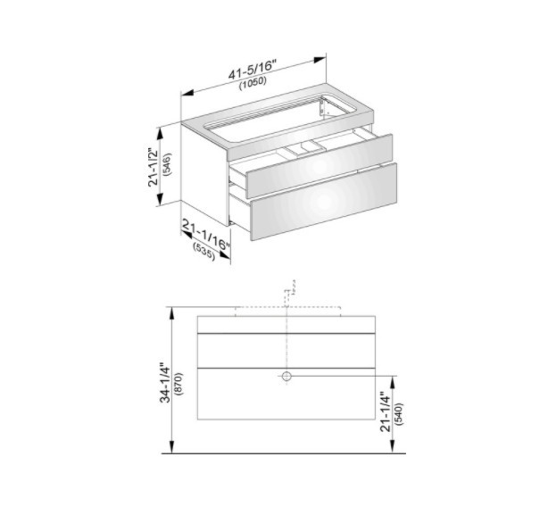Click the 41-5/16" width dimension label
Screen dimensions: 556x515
[252, 71]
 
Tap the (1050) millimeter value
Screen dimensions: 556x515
[253, 83]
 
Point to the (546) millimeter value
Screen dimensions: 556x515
[167, 164]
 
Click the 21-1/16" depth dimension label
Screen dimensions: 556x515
[206, 234]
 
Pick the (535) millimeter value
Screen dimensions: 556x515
[203, 251]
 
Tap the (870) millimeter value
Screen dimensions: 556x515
[178, 384]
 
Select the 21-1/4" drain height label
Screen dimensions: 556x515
[386, 411]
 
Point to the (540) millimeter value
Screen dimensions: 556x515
[399, 414]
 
